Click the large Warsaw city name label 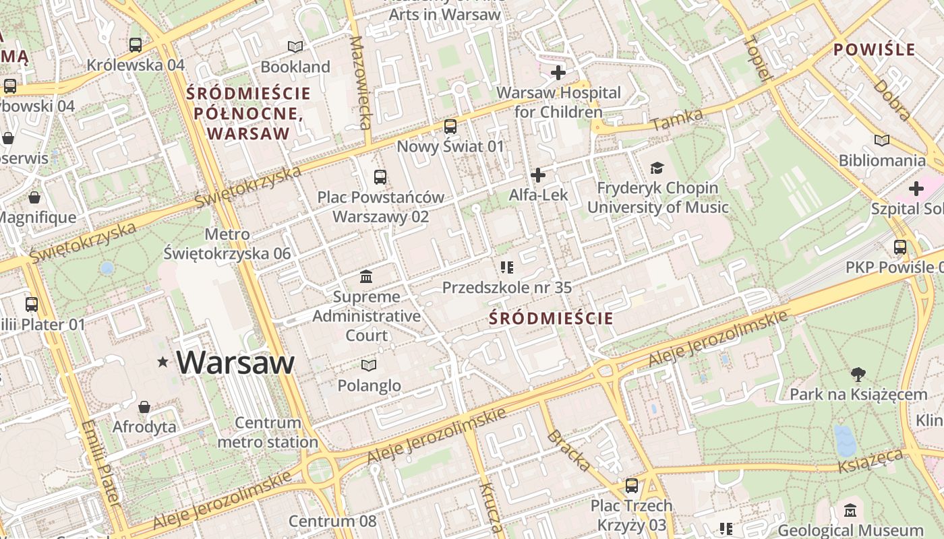click(x=235, y=362)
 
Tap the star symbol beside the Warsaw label click(x=163, y=362)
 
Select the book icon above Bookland click(x=295, y=46)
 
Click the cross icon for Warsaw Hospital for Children click(x=558, y=72)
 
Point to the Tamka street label click(x=677, y=120)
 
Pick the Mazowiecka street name click(x=360, y=82)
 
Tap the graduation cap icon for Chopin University click(x=657, y=168)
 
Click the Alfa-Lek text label click(x=538, y=195)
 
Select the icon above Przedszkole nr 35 click(x=507, y=267)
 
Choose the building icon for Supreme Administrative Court click(x=366, y=276)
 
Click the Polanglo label click(x=369, y=385)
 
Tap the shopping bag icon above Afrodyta click(x=144, y=407)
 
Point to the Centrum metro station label click(x=268, y=433)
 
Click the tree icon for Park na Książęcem click(x=858, y=374)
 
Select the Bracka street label click(x=569, y=449)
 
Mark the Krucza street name click(x=490, y=507)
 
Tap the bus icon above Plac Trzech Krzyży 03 click(x=631, y=485)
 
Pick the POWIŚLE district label click(x=874, y=49)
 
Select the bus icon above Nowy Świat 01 click(x=450, y=126)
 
